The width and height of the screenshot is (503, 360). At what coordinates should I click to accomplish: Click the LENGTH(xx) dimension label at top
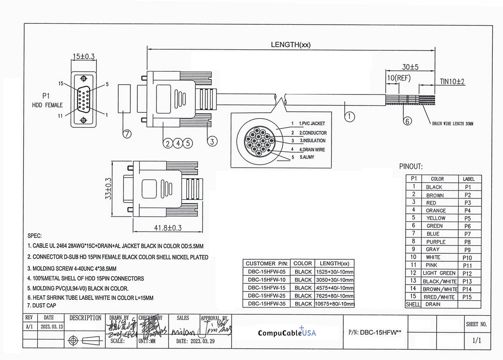(291, 45)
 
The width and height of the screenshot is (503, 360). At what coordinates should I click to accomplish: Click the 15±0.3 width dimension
(83, 56)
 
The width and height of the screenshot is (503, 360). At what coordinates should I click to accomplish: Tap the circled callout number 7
(127, 134)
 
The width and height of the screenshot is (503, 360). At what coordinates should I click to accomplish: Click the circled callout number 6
(408, 121)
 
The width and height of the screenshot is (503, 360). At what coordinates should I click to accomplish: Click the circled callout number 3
(211, 140)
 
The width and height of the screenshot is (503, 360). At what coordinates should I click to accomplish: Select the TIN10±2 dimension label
(453, 82)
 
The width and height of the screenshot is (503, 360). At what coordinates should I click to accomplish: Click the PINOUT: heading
(411, 166)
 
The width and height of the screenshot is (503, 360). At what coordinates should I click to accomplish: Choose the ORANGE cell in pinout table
(435, 211)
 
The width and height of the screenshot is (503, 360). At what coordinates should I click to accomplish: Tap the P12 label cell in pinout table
(468, 273)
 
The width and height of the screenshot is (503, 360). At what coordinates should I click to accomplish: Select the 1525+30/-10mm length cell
(334, 272)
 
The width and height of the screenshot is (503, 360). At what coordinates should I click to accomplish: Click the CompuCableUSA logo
(287, 332)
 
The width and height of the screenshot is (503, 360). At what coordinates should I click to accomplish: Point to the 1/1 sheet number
(476, 340)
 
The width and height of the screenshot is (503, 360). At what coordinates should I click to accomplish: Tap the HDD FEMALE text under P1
(47, 105)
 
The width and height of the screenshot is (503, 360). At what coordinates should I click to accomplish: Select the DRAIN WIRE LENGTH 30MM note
(452, 124)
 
